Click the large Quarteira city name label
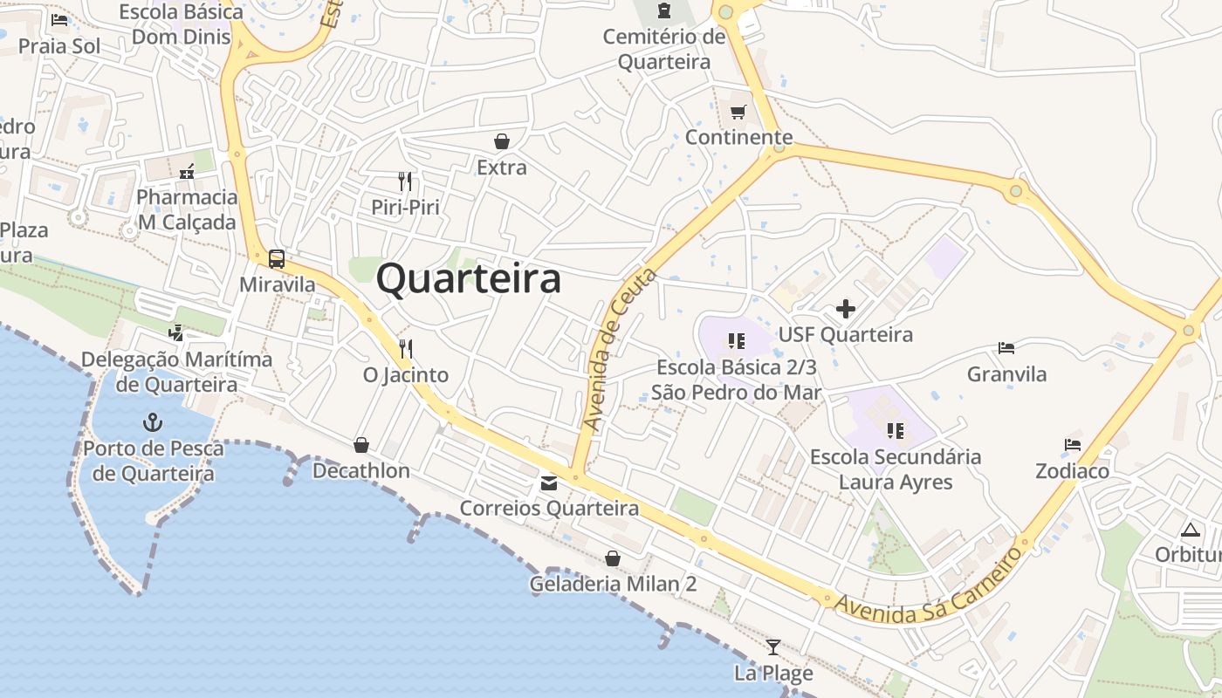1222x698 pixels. tap(469, 279)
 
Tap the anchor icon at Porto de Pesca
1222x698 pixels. tap(153, 423)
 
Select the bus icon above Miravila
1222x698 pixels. tap(277, 259)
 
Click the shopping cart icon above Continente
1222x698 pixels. tap(738, 112)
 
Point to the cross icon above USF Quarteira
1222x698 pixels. tap(845, 309)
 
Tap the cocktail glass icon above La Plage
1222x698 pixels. tap(773, 647)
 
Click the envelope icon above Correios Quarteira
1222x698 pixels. tap(549, 482)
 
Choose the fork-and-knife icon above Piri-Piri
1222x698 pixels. tap(405, 181)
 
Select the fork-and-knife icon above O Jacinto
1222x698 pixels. tap(405, 349)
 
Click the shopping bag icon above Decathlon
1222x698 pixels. tap(361, 446)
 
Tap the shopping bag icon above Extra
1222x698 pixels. tap(502, 141)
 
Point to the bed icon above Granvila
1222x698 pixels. tap(1006, 348)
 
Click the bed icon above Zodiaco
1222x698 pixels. tap(1073, 445)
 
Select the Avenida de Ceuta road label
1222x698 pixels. tap(619, 349)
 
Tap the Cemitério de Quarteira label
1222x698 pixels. tap(664, 49)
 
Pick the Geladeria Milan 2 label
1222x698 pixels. tap(613, 584)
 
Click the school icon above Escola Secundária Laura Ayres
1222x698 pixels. tap(895, 430)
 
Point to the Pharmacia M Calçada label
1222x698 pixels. tap(187, 209)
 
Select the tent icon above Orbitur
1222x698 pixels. tap(1191, 530)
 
